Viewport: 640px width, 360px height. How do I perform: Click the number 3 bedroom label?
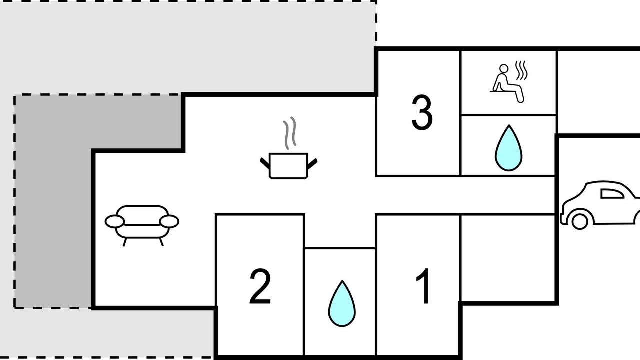(x=422, y=113)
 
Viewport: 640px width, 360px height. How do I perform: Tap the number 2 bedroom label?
(x=260, y=286)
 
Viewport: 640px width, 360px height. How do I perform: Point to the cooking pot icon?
(x=288, y=165)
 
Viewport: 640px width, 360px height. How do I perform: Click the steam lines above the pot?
(x=290, y=133)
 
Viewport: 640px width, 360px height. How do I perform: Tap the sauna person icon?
(x=507, y=83)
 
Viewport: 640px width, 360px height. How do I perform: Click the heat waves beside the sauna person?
(x=521, y=70)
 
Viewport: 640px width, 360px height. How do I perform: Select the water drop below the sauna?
(x=508, y=148)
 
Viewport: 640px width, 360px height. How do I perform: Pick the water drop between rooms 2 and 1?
(x=342, y=303)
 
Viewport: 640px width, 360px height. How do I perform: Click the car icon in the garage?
(x=600, y=205)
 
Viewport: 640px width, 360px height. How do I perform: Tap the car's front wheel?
(x=579, y=221)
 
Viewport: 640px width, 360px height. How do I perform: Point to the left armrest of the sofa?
(x=115, y=221)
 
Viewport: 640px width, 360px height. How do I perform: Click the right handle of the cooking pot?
(x=312, y=164)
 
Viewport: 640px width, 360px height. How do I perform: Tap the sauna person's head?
(x=503, y=69)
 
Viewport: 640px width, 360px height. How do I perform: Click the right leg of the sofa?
(x=161, y=242)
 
